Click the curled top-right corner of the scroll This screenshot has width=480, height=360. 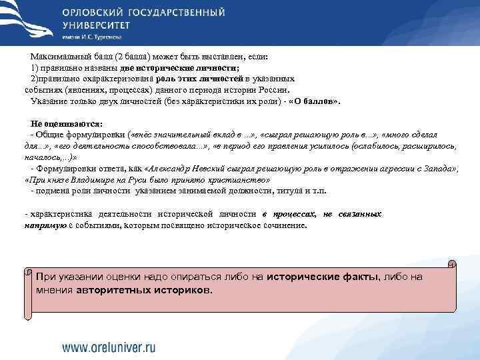coord(452,263)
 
